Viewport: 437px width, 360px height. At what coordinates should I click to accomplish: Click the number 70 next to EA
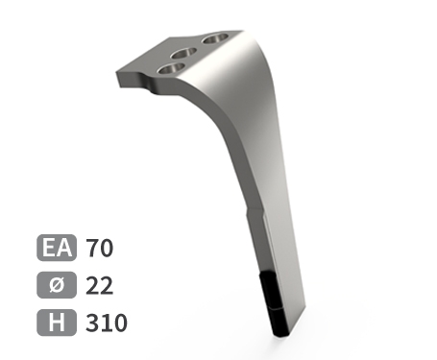coord(100,249)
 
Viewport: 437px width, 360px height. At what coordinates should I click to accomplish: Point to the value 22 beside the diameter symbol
coord(100,286)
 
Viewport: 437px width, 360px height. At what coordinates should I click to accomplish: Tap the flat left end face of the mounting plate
coord(119,77)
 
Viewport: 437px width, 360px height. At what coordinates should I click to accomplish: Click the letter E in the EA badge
coord(49,249)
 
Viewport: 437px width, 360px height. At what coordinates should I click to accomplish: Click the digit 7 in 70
coord(93,249)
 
